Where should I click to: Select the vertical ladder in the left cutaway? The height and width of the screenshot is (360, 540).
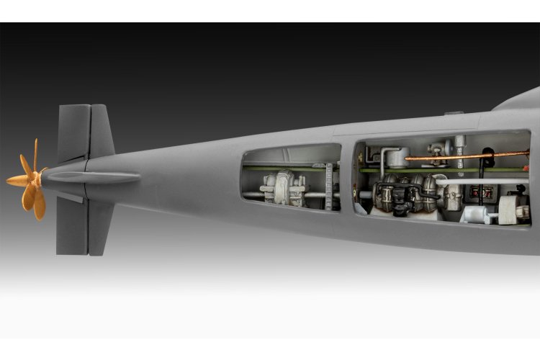pyautogui.click(x=330, y=185)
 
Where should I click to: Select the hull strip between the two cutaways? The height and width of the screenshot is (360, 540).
pyautogui.click(x=348, y=180)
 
